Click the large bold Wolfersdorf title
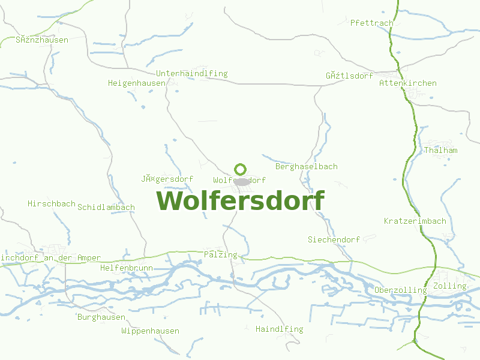[241, 200]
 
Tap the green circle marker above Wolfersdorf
[241, 169]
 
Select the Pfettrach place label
[372, 23]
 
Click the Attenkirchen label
[408, 83]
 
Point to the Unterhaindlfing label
[192, 73]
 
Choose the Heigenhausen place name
[137, 83]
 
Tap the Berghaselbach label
[307, 166]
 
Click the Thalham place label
[441, 150]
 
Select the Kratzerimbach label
[415, 221]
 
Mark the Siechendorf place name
[334, 239]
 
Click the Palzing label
[221, 254]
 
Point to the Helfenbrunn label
[127, 268]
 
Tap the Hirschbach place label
[52, 203]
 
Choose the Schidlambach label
[106, 207]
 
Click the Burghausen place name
[101, 317]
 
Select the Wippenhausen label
[150, 331]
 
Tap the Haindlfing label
[280, 329]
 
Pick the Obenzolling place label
[401, 290]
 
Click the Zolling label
[449, 286]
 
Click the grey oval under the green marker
[242, 181]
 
